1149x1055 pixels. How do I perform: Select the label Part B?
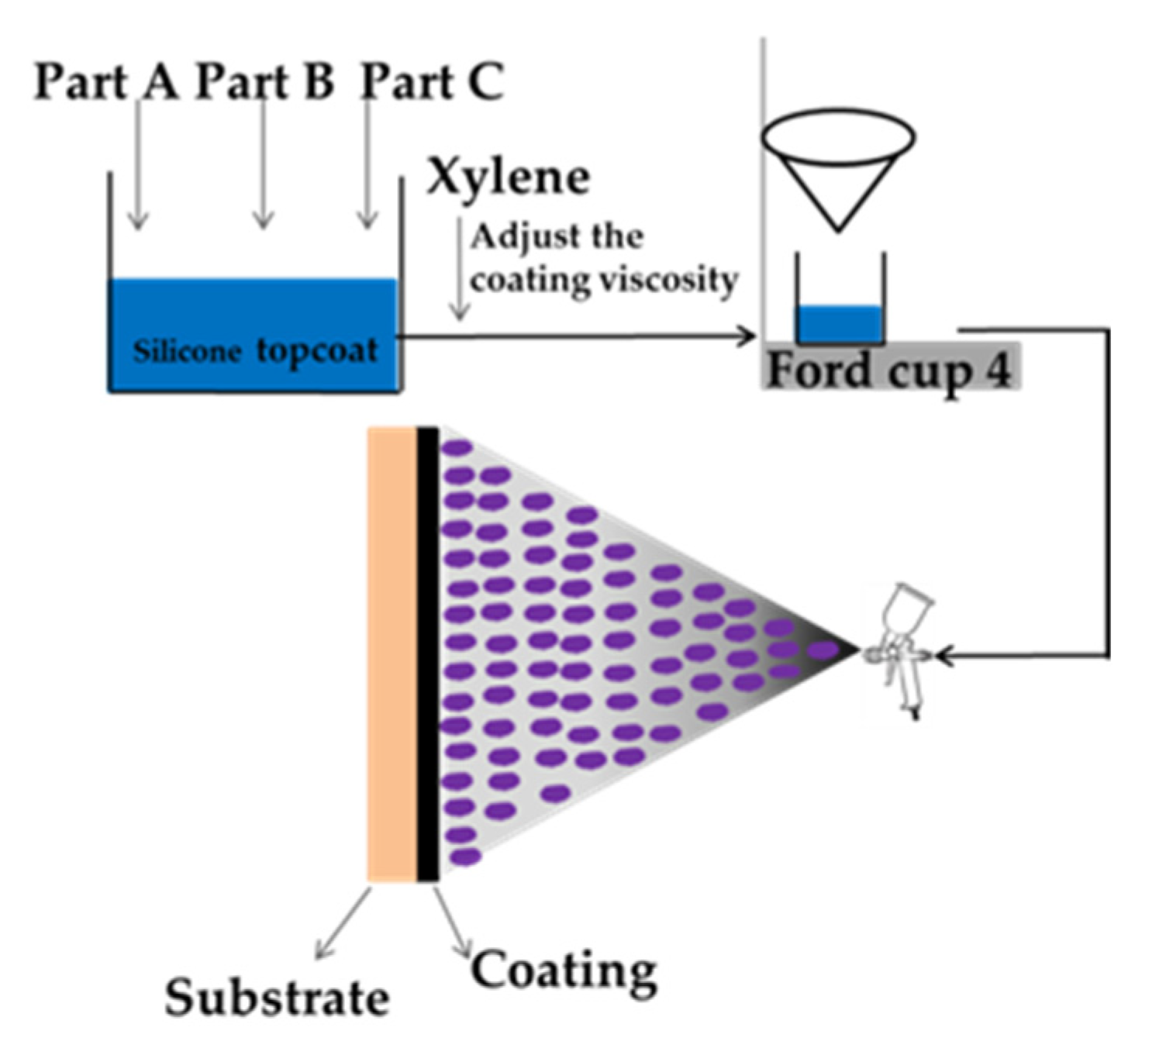tap(264, 81)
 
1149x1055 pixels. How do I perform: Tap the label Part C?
tap(432, 81)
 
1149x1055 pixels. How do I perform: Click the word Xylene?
tap(508, 178)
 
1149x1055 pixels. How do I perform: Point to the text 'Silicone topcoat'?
tap(255, 351)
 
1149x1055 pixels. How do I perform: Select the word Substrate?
tap(276, 997)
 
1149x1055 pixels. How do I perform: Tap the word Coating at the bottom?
tap(564, 970)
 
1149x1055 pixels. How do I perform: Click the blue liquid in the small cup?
tap(840, 324)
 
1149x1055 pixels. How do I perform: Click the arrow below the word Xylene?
tap(460, 271)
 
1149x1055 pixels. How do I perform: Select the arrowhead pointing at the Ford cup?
tap(746, 336)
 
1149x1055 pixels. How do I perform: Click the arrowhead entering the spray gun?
tap(944, 656)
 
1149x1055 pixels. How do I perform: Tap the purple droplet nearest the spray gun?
tap(823, 649)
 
